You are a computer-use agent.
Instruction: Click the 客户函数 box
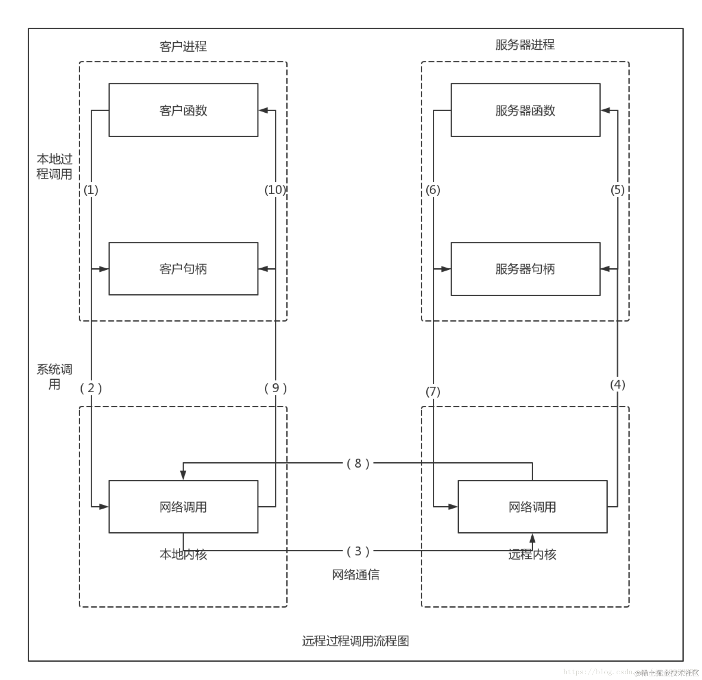click(183, 110)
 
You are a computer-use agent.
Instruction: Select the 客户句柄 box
click(183, 269)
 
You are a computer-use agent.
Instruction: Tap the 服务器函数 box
click(525, 110)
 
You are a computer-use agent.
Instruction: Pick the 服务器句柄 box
click(525, 269)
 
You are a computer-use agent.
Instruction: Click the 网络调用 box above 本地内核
click(183, 507)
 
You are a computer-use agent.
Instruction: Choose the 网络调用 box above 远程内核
click(532, 507)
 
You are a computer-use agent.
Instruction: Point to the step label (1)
click(91, 190)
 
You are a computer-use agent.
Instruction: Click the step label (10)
click(275, 190)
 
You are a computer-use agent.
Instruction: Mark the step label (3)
click(358, 551)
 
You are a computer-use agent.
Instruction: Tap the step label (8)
click(358, 463)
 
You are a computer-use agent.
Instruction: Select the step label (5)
click(617, 190)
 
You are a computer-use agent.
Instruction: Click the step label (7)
click(433, 391)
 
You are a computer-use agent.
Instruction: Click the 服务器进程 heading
click(525, 45)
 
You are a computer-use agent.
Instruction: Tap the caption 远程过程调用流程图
click(355, 641)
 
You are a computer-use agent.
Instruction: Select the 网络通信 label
click(355, 575)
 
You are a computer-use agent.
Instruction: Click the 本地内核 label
click(183, 554)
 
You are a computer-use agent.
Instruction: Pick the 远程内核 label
click(532, 554)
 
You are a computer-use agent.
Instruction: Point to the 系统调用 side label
click(55, 377)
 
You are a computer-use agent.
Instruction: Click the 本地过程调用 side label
click(55, 166)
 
